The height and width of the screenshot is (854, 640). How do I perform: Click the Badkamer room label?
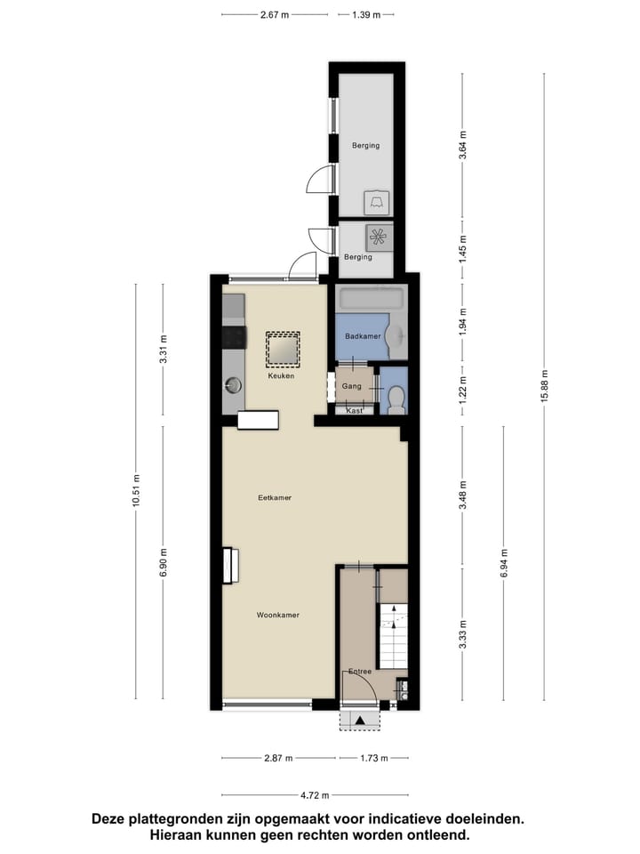click(363, 336)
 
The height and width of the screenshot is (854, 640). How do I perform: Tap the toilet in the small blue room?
click(396, 399)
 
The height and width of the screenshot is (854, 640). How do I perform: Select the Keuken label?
click(282, 376)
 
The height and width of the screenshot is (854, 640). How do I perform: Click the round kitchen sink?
click(234, 385)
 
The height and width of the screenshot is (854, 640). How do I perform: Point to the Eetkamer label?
click(276, 498)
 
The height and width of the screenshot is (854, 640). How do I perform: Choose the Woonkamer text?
click(277, 616)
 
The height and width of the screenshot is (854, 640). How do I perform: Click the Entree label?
click(360, 672)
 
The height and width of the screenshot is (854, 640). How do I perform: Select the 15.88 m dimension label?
click(545, 387)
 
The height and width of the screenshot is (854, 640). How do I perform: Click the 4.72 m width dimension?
click(315, 795)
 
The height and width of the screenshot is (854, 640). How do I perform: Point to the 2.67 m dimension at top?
click(275, 15)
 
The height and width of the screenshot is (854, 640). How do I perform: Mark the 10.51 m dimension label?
click(136, 490)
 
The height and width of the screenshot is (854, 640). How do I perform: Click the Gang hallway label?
click(351, 387)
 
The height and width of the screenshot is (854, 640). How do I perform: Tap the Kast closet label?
click(354, 411)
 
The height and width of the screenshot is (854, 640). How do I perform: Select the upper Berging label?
click(365, 146)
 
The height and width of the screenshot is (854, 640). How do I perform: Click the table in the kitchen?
click(283, 350)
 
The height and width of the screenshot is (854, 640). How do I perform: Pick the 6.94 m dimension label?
click(504, 562)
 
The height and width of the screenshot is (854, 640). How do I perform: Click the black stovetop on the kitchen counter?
click(233, 336)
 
